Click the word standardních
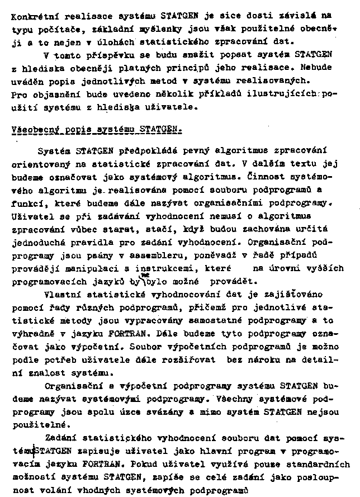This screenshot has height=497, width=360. pos(317,464)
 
